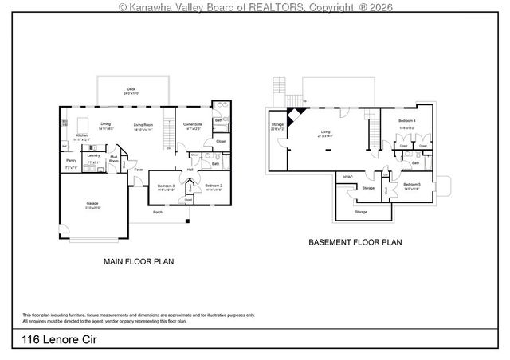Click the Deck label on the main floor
[131, 89]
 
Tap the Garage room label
[92, 203]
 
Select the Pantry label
[71, 160]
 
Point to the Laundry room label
[93, 155]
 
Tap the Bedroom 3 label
[166, 186]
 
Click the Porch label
[158, 213]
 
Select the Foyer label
[138, 170]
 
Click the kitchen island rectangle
[84, 123]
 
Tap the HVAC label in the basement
[348, 177]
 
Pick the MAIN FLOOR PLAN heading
[139, 260]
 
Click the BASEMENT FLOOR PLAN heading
[355, 241]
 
